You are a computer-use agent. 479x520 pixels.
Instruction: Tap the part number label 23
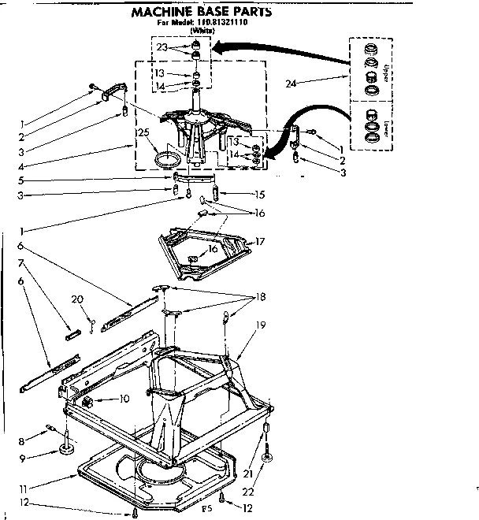pyautogui.click(x=162, y=47)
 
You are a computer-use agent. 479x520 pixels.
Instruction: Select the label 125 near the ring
pyautogui.click(x=143, y=132)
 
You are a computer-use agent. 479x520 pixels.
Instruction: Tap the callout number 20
pyautogui.click(x=76, y=299)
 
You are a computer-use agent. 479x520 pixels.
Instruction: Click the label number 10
pyautogui.click(x=124, y=399)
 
